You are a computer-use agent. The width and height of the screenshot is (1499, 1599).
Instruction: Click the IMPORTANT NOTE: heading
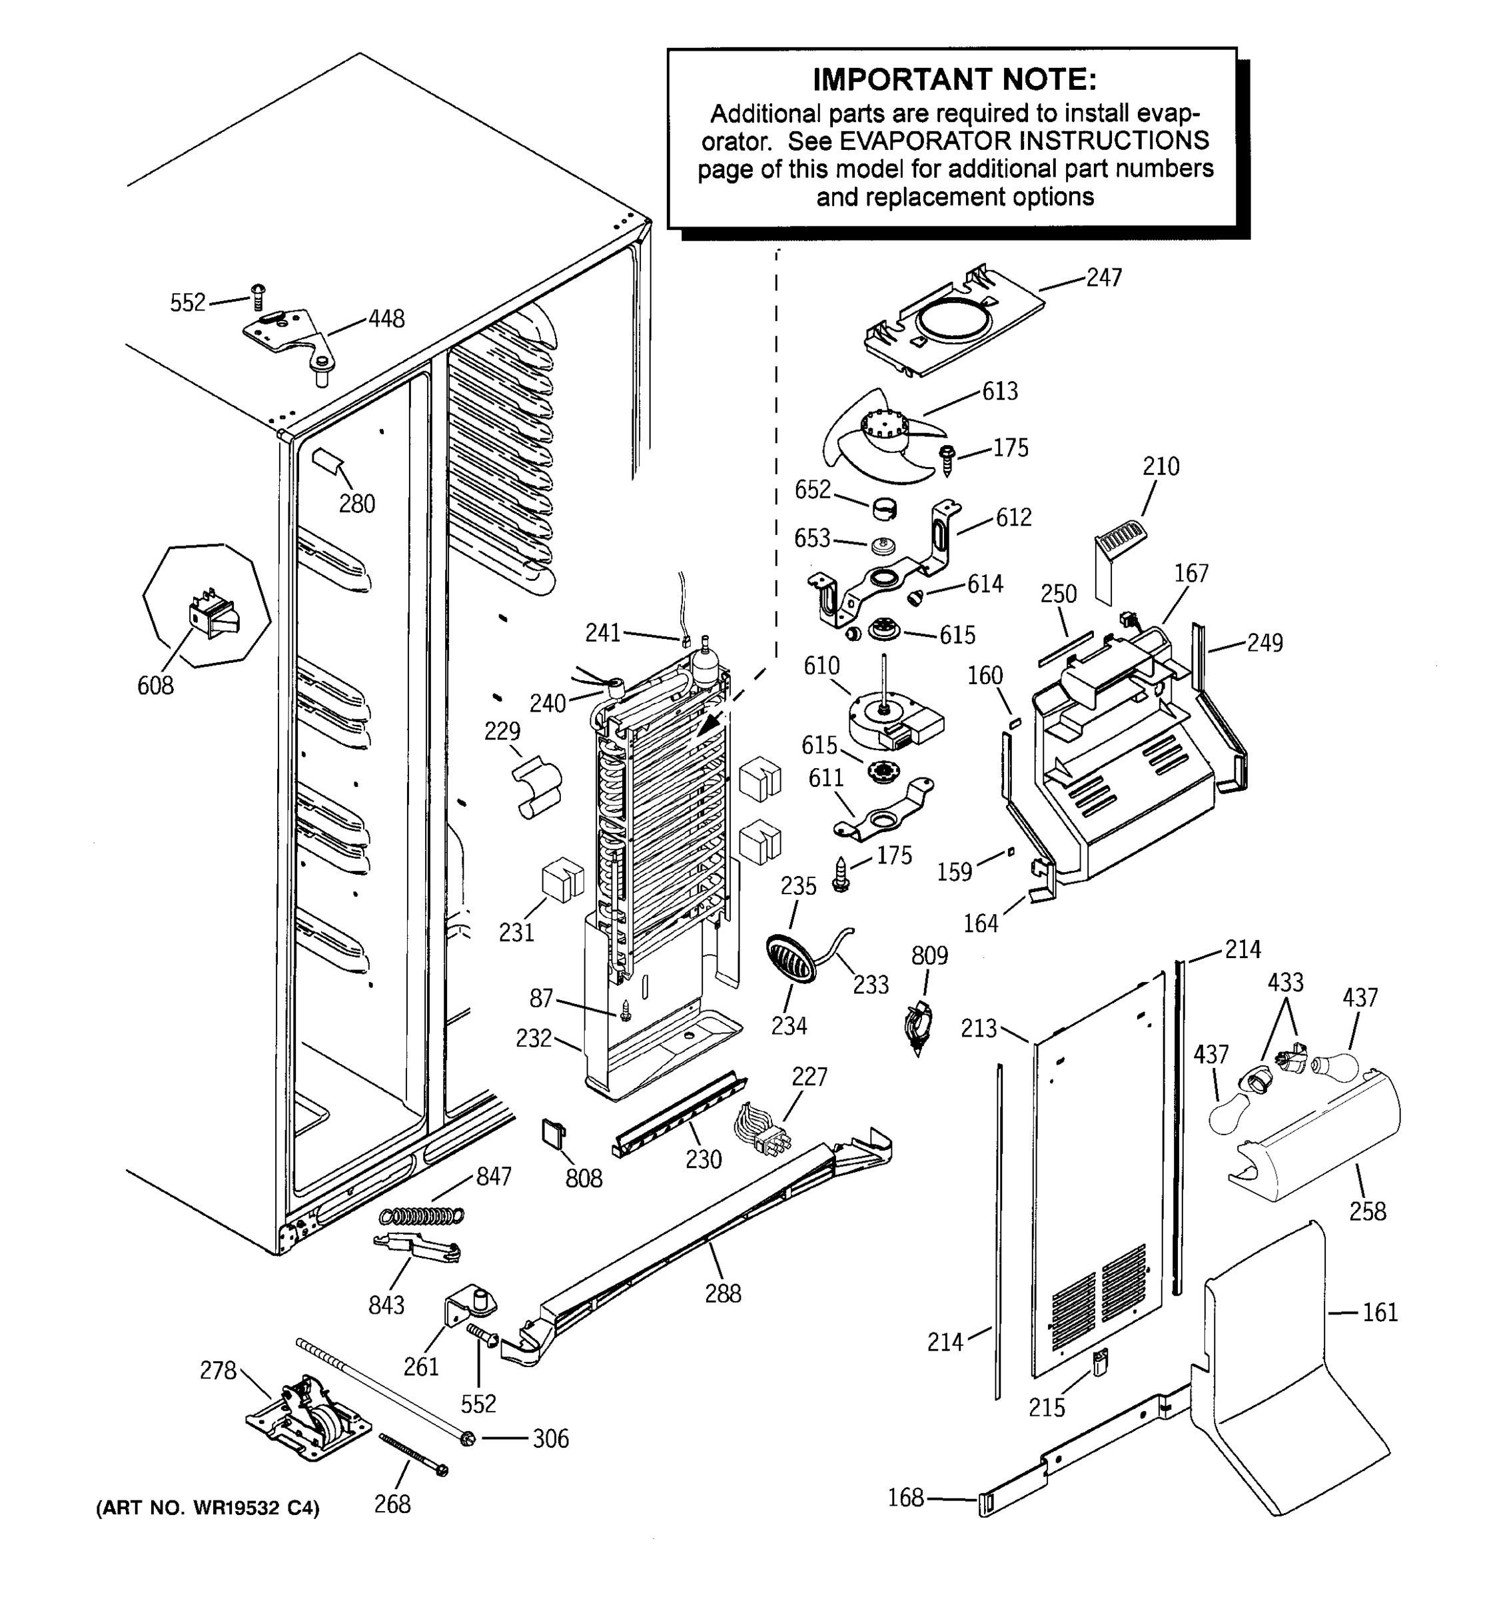[954, 80]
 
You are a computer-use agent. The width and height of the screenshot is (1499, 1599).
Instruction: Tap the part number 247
[1103, 277]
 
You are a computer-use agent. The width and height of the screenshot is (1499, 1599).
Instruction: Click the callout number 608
[155, 686]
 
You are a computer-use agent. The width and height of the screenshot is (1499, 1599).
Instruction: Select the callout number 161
[1380, 1312]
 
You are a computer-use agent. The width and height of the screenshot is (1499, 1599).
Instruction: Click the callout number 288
[722, 1293]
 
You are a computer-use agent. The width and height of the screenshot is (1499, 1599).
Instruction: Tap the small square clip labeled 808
[552, 1133]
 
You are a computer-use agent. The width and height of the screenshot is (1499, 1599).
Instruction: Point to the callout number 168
[905, 1498]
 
